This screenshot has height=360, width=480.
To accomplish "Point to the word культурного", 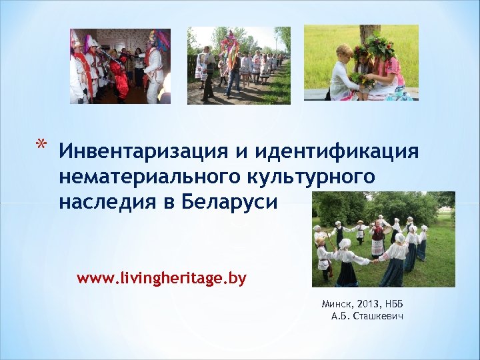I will tap(313, 177).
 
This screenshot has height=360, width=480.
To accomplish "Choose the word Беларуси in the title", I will tap(228, 202).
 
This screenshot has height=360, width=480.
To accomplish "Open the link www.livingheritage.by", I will tap(161, 278).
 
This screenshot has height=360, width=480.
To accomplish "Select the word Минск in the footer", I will tap(335, 304).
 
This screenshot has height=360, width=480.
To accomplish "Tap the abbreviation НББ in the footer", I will tap(393, 304).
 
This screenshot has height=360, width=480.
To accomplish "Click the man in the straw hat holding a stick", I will tap(325, 253).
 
